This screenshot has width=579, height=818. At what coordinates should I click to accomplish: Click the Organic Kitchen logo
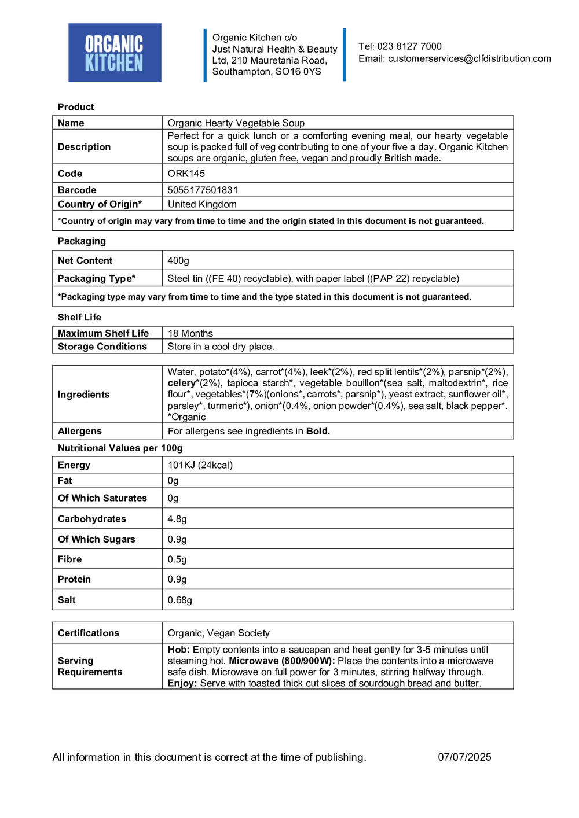pyautogui.click(x=115, y=53)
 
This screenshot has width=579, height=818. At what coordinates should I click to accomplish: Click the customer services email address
pyautogui.click(x=469, y=58)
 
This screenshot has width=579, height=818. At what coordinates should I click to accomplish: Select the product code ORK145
pyautogui.click(x=186, y=174)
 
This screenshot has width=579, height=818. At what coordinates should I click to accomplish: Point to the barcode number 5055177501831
pyautogui.click(x=203, y=190)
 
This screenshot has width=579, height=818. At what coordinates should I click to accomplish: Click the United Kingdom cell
pyautogui.click(x=202, y=204)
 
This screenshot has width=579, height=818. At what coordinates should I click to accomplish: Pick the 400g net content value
pyautogui.click(x=178, y=260)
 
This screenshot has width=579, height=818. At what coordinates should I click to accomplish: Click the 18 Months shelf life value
pyautogui.click(x=190, y=333)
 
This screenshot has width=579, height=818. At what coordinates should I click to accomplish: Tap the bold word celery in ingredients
pyautogui.click(x=182, y=383)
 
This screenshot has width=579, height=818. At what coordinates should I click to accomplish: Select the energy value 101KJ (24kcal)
pyautogui.click(x=200, y=465)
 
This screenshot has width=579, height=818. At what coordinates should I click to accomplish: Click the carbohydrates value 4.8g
pyautogui.click(x=177, y=519)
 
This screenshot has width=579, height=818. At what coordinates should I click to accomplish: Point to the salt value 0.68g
pyautogui.click(x=179, y=600)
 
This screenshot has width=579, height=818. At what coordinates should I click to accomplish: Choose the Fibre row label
pyautogui.click(x=69, y=559)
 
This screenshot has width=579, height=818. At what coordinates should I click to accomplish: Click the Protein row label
pyautogui.click(x=74, y=579)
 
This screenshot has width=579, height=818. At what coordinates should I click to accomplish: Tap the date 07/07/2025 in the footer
pyautogui.click(x=464, y=757)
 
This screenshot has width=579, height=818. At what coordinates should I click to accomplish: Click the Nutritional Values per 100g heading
pyautogui.click(x=120, y=448)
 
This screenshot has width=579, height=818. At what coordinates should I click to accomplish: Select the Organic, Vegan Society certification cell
pyautogui.click(x=218, y=633)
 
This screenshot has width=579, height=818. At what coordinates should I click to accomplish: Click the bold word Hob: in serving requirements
pyautogui.click(x=179, y=650)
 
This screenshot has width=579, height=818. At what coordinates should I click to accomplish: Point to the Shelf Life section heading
pyautogui.click(x=79, y=317)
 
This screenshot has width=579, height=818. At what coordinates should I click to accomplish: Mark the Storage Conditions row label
pyautogui.click(x=102, y=347)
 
